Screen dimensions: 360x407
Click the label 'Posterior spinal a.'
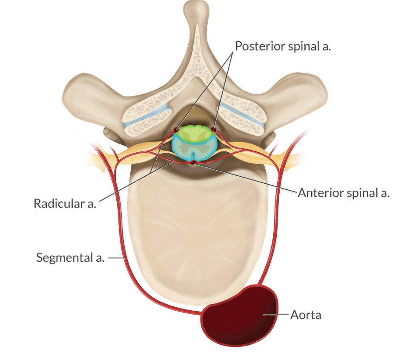[x=283, y=46]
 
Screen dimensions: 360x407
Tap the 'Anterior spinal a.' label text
[x=344, y=193]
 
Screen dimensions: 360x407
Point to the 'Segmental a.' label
[x=70, y=257]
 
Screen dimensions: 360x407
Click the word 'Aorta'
[x=306, y=315]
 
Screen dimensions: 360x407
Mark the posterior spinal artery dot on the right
[x=214, y=129]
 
